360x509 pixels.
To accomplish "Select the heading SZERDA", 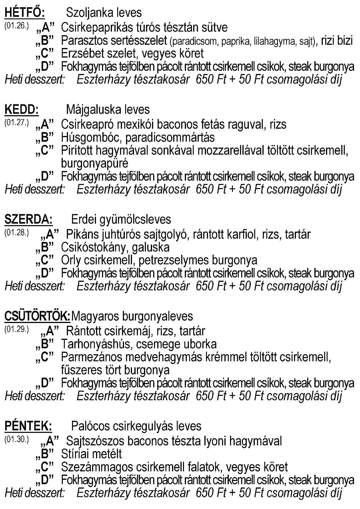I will (x=28, y=220).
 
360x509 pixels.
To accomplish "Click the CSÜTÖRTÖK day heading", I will (x=37, y=317).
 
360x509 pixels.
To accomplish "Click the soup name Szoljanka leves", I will (x=104, y=13).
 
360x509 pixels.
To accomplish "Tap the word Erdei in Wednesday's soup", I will (x=81, y=220).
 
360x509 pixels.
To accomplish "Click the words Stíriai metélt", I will (x=92, y=454).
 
